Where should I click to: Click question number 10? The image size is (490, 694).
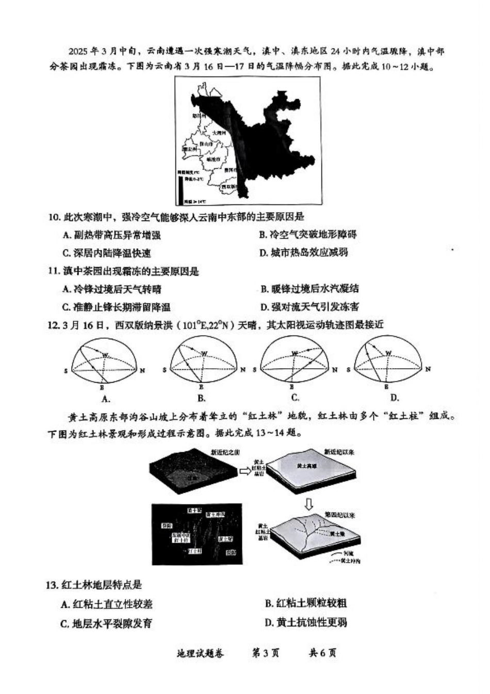[x=54, y=217]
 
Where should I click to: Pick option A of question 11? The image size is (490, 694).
[x=112, y=289]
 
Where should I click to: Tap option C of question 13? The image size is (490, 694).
[x=106, y=623]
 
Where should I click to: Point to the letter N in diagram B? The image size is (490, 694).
[x=242, y=370]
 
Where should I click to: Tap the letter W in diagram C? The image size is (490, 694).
[x=295, y=354]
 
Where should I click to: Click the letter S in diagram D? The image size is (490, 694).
[x=349, y=370]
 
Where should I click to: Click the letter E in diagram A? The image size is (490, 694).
[x=103, y=386]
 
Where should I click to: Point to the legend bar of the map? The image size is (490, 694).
[x=181, y=189]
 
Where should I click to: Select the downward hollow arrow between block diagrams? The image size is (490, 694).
[x=308, y=503]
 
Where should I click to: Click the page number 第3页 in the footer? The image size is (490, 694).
[x=265, y=653]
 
